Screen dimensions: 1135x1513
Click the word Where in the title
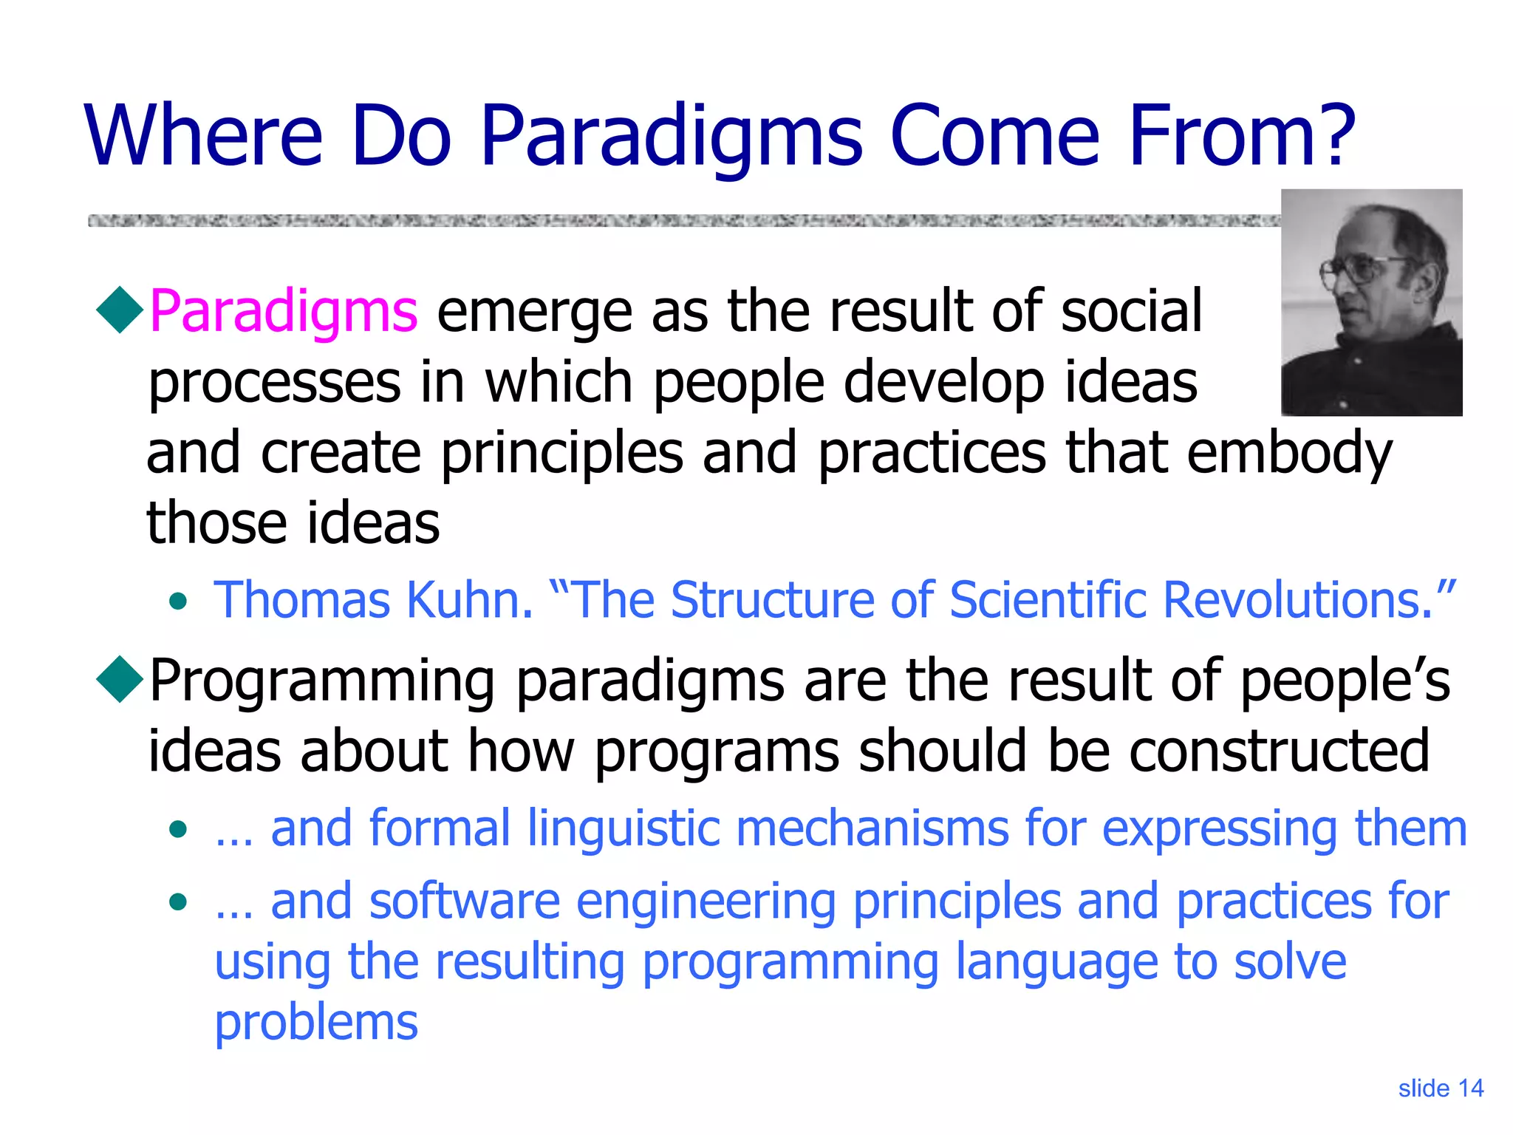[x=204, y=136]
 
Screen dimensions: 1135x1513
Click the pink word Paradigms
[x=284, y=311]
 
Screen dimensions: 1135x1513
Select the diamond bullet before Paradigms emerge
[x=120, y=310]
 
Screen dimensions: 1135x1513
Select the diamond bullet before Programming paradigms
[x=120, y=678]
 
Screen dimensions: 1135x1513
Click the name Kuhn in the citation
[x=469, y=599]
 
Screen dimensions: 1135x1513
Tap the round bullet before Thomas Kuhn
[x=178, y=601]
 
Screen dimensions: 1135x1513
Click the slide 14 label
[x=1440, y=1088]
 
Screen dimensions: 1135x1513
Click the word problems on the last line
[x=316, y=1023]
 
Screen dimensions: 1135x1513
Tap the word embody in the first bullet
[x=1289, y=453]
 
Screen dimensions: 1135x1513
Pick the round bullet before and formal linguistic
[x=178, y=830]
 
